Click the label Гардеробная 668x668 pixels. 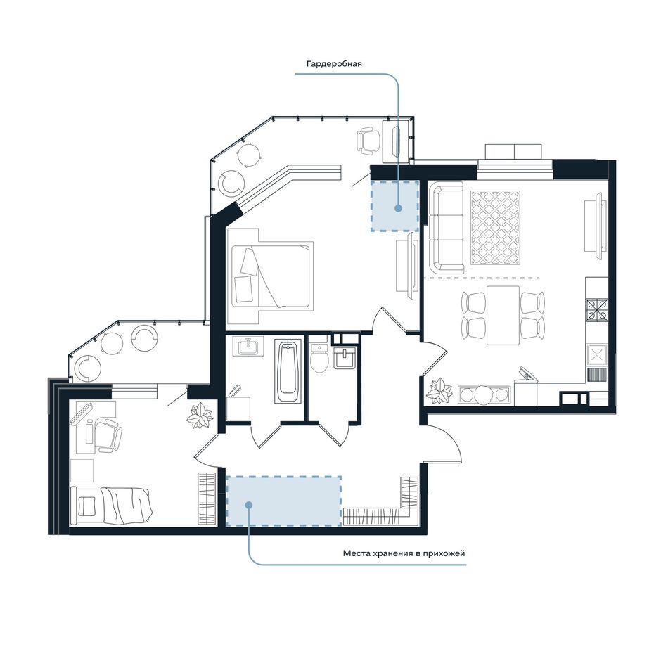(334, 64)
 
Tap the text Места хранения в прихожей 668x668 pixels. (404, 554)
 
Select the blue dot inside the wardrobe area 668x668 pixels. (398, 208)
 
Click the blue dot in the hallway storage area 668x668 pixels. (249, 505)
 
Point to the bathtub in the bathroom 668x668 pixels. (289, 371)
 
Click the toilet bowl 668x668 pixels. (319, 358)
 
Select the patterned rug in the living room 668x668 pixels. (496, 228)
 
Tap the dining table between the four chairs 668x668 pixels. (503, 315)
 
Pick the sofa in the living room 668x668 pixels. (447, 228)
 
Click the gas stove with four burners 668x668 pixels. (597, 309)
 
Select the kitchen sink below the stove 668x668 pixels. (597, 354)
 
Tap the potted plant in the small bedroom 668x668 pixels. (200, 416)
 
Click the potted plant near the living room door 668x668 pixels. (439, 391)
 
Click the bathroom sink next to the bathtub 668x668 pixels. (248, 347)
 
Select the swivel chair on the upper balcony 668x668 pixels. (368, 141)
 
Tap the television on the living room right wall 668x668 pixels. (598, 226)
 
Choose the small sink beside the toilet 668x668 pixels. (345, 358)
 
